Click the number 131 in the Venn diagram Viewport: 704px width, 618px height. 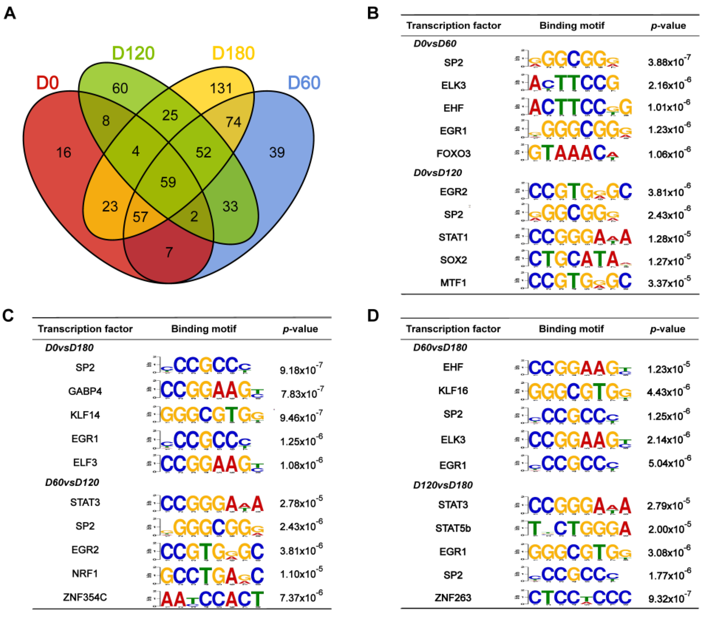(221, 89)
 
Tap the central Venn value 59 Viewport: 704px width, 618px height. (168, 182)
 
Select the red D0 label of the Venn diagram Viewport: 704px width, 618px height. (48, 83)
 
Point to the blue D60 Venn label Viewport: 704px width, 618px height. (304, 83)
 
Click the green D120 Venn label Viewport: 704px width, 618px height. (133, 53)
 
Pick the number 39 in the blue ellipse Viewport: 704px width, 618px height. (277, 153)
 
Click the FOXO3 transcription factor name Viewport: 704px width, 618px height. (453, 154)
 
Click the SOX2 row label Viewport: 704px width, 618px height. (453, 260)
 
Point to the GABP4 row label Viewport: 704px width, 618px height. (85, 391)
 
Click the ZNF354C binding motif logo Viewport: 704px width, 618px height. (212, 599)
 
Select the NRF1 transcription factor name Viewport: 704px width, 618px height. (85, 574)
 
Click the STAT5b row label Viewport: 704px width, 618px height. (453, 528)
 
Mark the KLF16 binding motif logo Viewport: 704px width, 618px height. (580, 391)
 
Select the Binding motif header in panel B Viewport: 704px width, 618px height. (572, 26)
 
